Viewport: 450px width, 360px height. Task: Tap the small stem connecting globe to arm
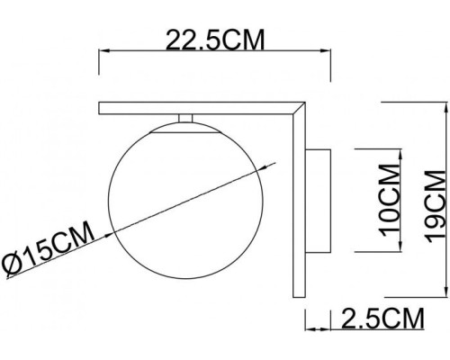pyautogui.click(x=185, y=120)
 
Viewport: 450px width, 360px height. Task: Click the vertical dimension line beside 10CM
pyautogui.click(x=370, y=199)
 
